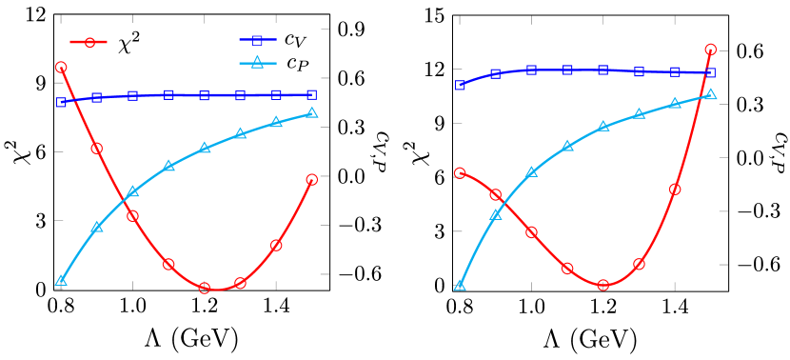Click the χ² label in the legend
pos(128,44)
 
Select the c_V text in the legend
pos(295,39)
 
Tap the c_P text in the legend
pos(297,64)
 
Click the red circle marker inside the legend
pos(89,42)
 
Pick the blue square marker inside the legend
pos(257,40)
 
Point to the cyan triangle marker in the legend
pos(257,64)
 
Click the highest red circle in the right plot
pos(711,50)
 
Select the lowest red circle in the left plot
pos(205,288)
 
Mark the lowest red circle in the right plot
pos(603,285)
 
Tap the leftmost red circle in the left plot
pos(61,68)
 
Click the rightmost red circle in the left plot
pos(312,179)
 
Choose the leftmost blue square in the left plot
pos(61,102)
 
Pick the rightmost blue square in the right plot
pos(711,73)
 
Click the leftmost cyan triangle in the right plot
pos(460,285)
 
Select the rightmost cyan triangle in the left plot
pos(312,113)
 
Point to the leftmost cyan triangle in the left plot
pos(61,281)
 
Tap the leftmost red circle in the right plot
pos(460,173)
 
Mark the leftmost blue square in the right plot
pos(460,85)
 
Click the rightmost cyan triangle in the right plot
pos(711,94)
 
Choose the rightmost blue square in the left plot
pos(312,94)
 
